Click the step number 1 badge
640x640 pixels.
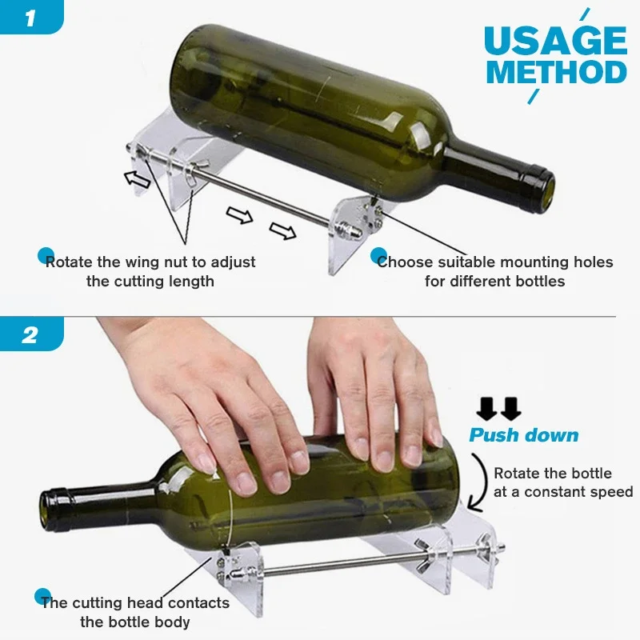(30, 18)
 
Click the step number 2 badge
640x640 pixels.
(30, 334)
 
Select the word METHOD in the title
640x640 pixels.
(557, 73)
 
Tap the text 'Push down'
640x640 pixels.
(523, 435)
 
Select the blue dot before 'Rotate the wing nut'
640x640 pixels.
(46, 256)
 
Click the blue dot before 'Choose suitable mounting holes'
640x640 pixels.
(379, 256)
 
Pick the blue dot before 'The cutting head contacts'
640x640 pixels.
(43, 597)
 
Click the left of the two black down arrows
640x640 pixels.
(486, 409)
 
